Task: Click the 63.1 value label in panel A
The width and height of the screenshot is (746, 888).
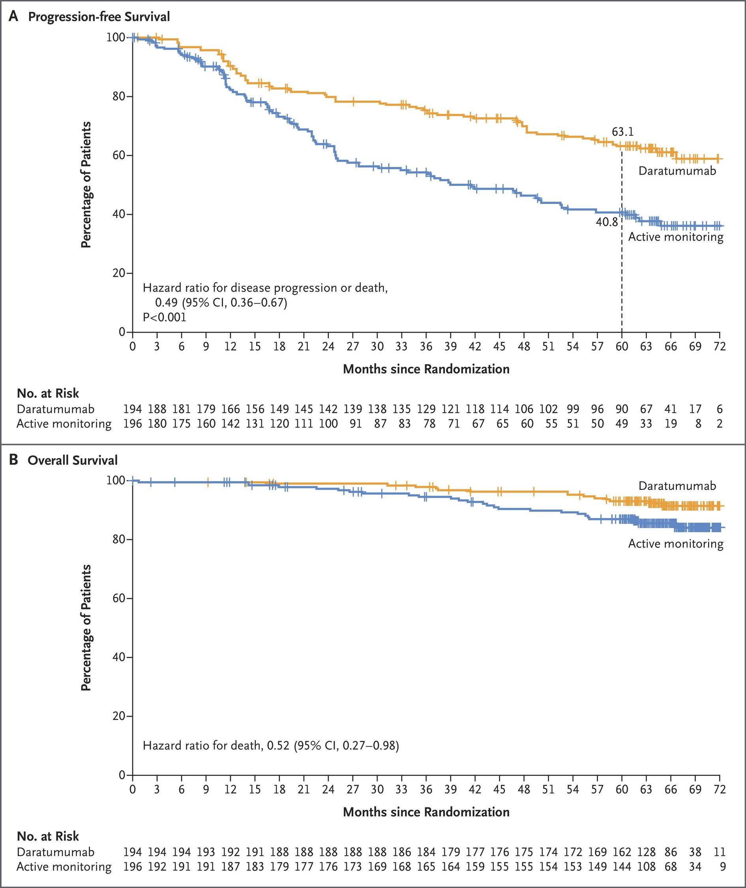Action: (x=622, y=132)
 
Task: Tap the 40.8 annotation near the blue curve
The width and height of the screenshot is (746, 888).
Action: (x=607, y=221)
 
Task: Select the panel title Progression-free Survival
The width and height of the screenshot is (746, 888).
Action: (x=99, y=17)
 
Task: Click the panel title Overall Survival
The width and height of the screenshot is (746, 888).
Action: (x=72, y=460)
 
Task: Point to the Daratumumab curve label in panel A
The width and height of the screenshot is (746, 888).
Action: (x=677, y=171)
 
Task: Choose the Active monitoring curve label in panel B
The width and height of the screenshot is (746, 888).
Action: (x=675, y=543)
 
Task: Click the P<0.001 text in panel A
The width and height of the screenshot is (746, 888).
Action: (x=165, y=317)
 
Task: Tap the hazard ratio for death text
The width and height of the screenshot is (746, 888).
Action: (x=271, y=745)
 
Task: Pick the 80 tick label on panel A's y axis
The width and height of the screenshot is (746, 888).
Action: (x=119, y=96)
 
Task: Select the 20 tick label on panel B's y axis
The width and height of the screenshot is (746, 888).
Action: (x=119, y=716)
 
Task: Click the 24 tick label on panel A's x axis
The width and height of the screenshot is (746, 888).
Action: (x=328, y=347)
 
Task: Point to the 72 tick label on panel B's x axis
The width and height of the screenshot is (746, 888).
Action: (x=719, y=789)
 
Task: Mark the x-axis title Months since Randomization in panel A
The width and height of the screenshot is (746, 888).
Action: (x=426, y=369)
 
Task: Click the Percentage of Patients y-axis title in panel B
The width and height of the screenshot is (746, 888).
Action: (x=86, y=628)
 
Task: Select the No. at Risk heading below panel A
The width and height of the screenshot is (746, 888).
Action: (x=48, y=393)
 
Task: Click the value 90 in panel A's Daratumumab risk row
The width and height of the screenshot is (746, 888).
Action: (x=621, y=409)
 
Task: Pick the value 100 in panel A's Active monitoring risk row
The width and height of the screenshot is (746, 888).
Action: (x=328, y=423)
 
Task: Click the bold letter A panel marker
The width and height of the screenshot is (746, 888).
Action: (x=13, y=17)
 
